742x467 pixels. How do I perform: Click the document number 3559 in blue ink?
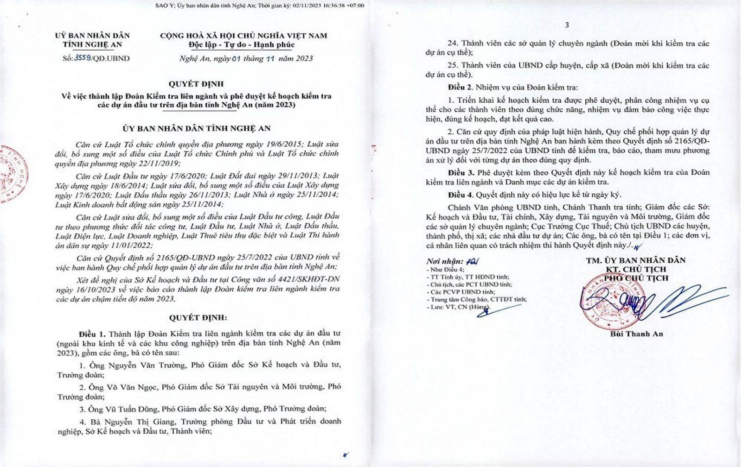[83, 58]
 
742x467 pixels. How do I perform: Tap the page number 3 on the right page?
[567, 25]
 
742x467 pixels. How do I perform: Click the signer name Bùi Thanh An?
[635, 334]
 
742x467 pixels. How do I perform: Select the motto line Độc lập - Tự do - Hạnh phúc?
[241, 44]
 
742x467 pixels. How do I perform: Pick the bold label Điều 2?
[461, 87]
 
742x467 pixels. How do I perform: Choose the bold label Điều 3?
[461, 172]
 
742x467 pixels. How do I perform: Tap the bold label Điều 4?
[461, 195]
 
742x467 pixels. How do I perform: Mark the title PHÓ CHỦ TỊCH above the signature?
[636, 278]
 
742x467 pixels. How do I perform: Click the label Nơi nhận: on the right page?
[445, 262]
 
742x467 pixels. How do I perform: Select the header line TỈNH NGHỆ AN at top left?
[92, 44]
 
